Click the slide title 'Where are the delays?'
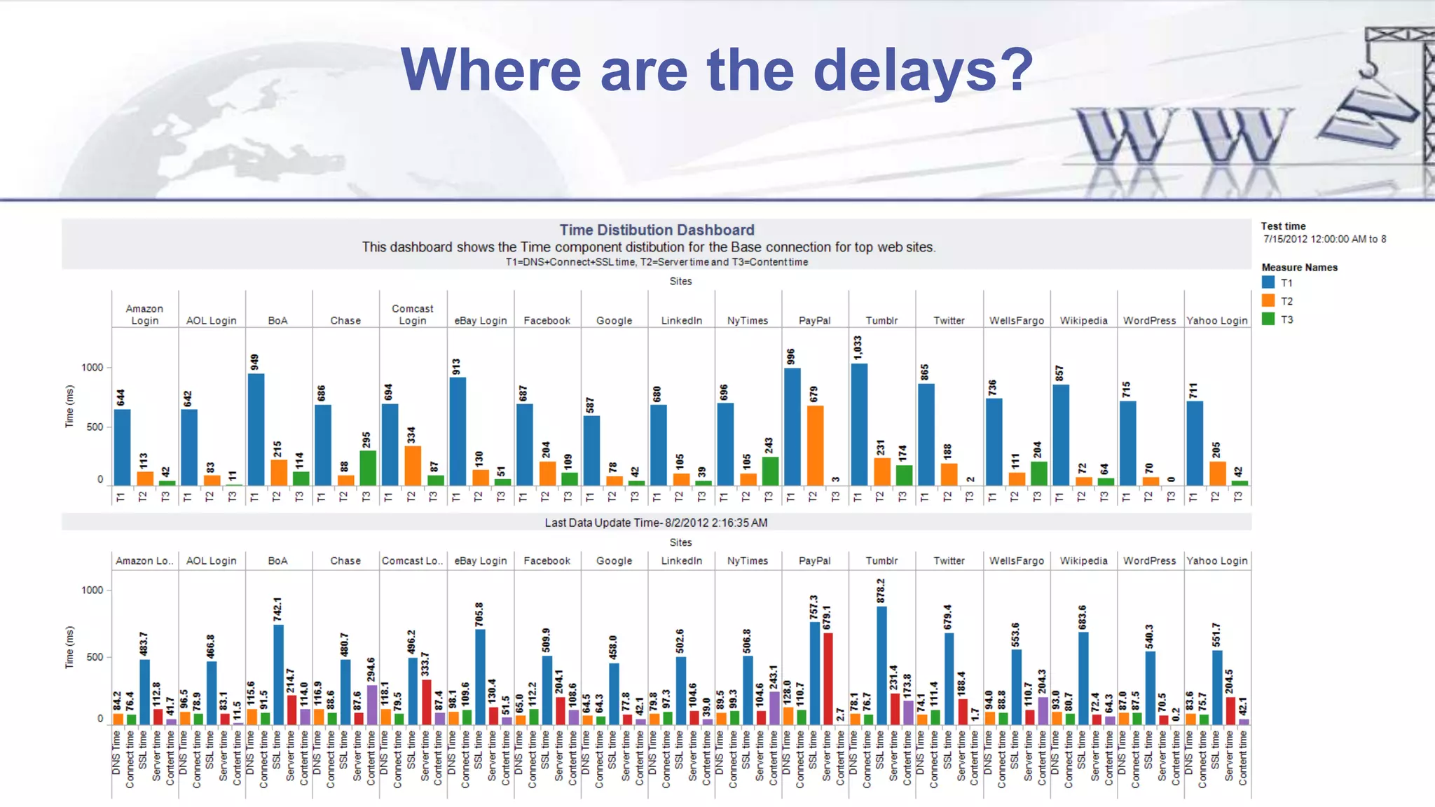pos(716,70)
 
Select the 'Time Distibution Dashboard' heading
pos(657,230)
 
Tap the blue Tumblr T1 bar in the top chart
pos(859,424)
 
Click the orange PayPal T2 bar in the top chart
pos(815,446)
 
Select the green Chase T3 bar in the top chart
pos(368,468)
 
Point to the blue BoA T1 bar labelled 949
pos(256,429)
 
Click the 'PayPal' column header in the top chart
pos(814,321)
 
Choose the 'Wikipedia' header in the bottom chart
pos(1083,561)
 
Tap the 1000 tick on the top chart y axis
pos(92,368)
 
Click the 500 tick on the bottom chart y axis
pos(94,657)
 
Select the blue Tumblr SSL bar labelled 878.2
pos(881,665)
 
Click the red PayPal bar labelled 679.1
pos(828,678)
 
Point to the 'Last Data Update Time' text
pos(656,523)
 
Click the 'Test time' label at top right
pos(1283,226)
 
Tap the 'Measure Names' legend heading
pos(1299,268)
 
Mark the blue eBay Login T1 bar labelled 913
pos(458,432)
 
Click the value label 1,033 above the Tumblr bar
pos(858,347)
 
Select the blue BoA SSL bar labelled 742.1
pos(278,675)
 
